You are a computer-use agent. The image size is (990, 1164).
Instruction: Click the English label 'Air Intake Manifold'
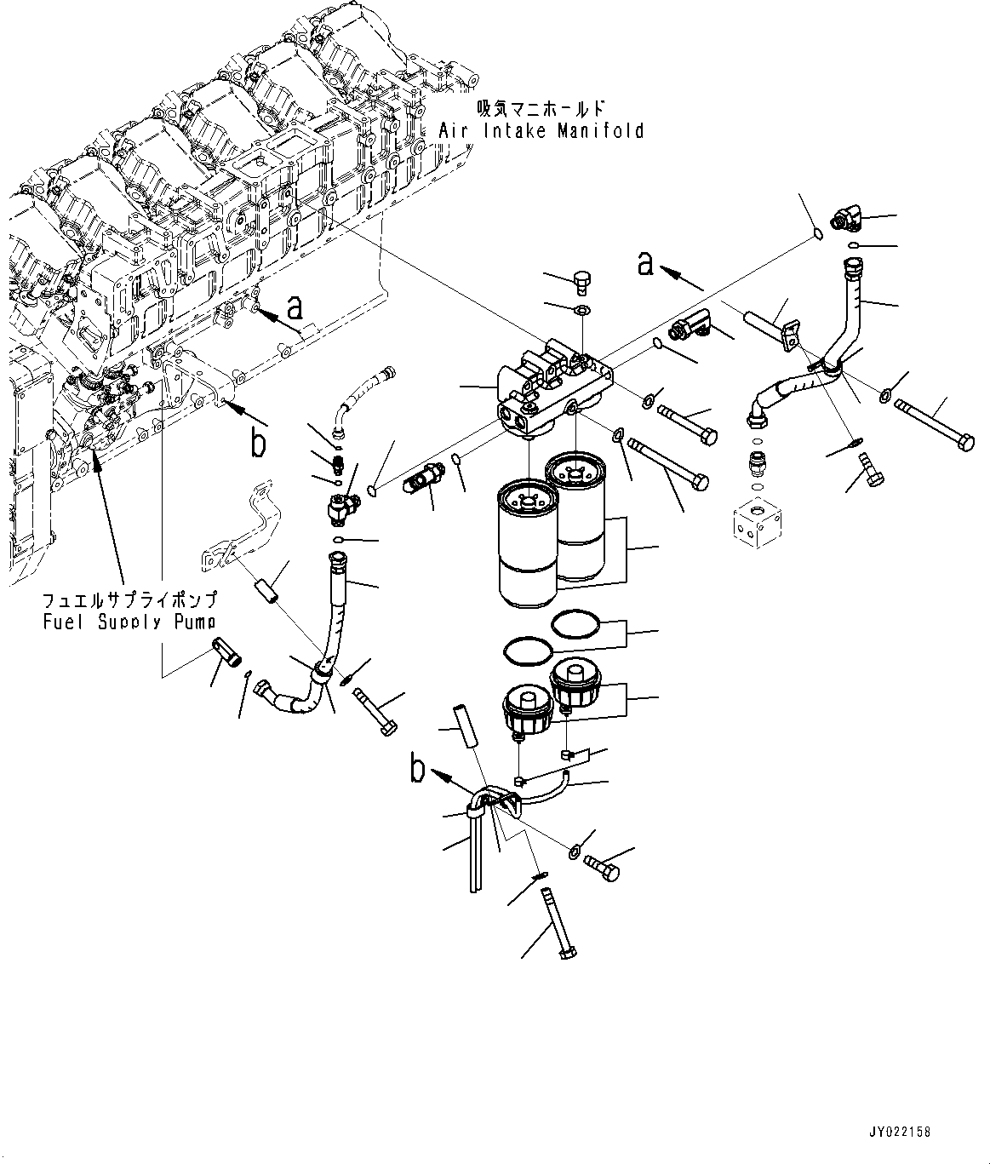(541, 130)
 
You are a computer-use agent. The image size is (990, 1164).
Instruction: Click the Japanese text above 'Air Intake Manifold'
(541, 108)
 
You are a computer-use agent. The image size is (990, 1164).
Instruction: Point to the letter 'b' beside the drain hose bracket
(418, 768)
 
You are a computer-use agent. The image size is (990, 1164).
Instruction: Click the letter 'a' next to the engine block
(295, 306)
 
